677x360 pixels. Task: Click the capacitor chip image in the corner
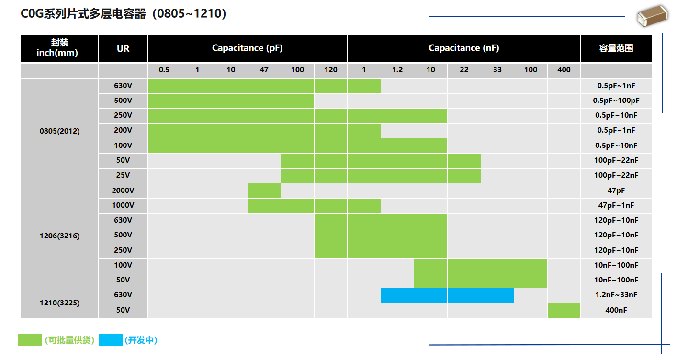point(652,17)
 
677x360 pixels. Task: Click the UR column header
point(123,48)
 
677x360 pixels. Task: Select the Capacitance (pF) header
point(247,48)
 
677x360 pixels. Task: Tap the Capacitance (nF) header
point(463,48)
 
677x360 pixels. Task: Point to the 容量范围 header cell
point(616,48)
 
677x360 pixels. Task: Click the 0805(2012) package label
point(59,131)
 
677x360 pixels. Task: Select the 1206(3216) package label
point(59,236)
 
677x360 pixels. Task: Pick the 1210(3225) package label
point(59,303)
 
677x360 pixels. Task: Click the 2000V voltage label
point(123,191)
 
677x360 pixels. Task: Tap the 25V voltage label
point(123,175)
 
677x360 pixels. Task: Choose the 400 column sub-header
point(564,70)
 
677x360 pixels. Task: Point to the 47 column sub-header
point(264,70)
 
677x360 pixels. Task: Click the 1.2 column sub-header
point(397,70)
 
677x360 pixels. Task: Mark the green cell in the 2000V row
point(264,191)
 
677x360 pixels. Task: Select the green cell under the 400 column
point(564,310)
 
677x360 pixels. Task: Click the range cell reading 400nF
point(616,310)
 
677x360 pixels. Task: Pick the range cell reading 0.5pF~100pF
point(616,101)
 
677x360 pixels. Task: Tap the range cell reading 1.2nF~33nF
point(616,295)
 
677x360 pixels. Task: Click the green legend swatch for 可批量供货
point(30,340)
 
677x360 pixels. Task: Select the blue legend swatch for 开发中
point(110,340)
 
